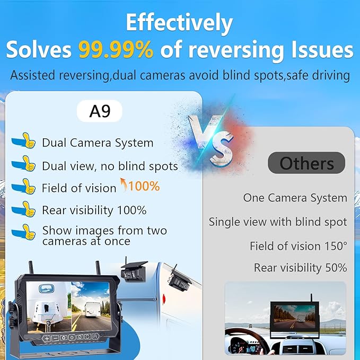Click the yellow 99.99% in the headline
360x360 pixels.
tap(116, 50)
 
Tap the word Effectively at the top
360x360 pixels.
tap(179, 23)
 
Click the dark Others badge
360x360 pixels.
tap(306, 163)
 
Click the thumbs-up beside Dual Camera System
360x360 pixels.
tap(23, 142)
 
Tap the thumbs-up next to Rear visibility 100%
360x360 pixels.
tap(23, 210)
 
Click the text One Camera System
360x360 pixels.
tap(295, 198)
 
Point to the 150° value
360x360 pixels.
tap(336, 246)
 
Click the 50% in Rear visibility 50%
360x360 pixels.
tap(335, 268)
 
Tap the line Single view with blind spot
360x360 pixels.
tap(277, 222)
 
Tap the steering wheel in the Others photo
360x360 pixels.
tap(246, 341)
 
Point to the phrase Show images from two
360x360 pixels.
tap(104, 231)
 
